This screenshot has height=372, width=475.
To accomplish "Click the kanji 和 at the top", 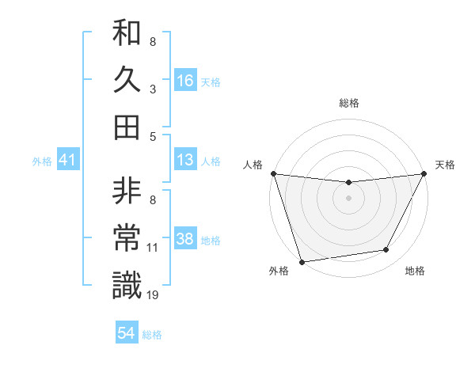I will [127, 36].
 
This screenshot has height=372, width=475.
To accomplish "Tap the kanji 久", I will [127, 80].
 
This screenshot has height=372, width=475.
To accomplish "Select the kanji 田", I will [127, 126].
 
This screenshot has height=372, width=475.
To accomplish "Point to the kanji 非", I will [127, 192].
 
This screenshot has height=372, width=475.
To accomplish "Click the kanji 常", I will [127, 238].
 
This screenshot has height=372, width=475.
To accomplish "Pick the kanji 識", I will [127, 284].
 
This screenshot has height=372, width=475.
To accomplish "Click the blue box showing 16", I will [185, 80].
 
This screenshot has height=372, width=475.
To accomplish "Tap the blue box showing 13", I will [185, 160].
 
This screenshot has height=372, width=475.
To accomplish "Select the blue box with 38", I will [185, 239].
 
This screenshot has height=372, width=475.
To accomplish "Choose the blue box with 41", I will [68, 161].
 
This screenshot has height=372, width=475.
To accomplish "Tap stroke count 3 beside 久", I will [152, 89].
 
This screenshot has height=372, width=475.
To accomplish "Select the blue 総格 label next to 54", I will [152, 335].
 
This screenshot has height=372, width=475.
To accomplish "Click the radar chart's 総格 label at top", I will [348, 103].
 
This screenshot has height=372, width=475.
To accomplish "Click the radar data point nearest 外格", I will [302, 261].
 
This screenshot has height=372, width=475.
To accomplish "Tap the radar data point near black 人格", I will [273, 173].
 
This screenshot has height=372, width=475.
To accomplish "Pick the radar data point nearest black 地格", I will [386, 250].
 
